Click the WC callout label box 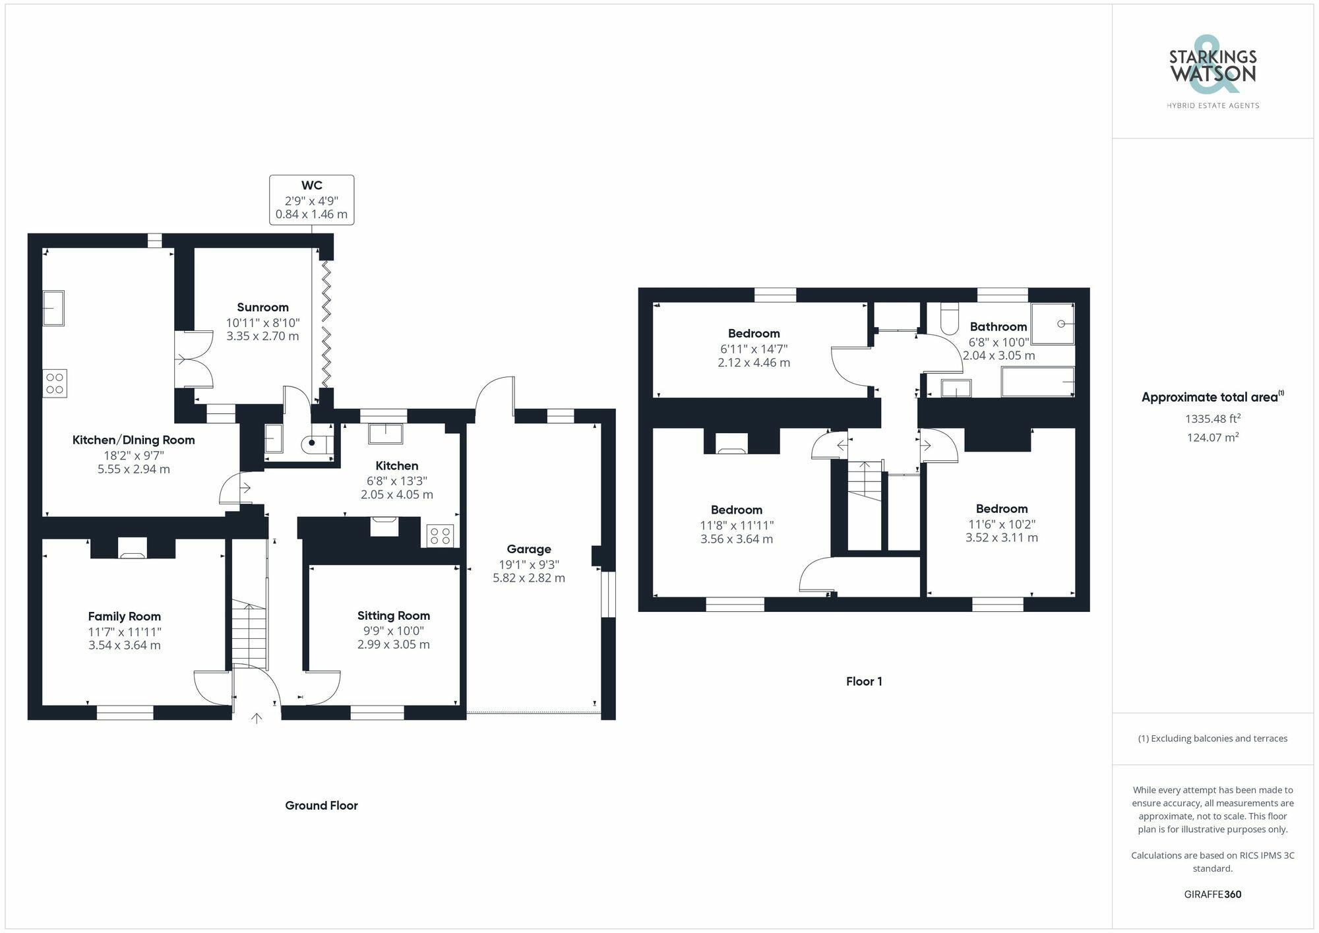[x=311, y=200]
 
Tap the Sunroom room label [x=262, y=307]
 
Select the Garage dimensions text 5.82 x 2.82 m [x=528, y=578]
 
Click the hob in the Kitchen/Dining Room [x=55, y=384]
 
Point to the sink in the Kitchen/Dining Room [x=53, y=308]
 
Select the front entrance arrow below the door [x=257, y=718]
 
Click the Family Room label [x=124, y=617]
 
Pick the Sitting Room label [x=393, y=616]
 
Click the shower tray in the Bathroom [x=1053, y=324]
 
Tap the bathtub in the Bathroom [x=1037, y=382]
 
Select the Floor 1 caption [x=864, y=681]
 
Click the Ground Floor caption [x=321, y=805]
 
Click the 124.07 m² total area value [x=1212, y=437]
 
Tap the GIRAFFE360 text [x=1212, y=894]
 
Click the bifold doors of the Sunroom [x=326, y=324]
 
